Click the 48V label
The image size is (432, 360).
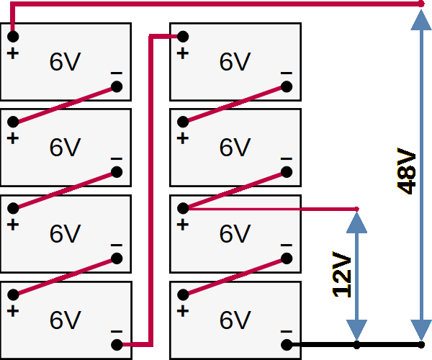407,171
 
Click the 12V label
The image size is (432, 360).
343,274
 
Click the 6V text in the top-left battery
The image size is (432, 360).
65,62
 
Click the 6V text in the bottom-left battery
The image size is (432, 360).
65,319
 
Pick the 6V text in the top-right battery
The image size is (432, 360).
235,62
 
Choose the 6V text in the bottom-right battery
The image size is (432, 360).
235,319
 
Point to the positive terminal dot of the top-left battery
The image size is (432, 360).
13,35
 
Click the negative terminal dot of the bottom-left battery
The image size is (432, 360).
117,345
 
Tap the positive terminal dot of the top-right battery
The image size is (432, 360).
183,35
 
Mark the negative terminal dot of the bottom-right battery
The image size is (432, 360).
287,345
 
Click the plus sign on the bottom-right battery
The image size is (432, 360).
183,311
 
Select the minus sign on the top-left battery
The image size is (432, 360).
117,73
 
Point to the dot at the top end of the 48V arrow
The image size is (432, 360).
420,4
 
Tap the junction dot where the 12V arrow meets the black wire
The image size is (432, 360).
356,345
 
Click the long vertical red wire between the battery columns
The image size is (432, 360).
150,187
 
